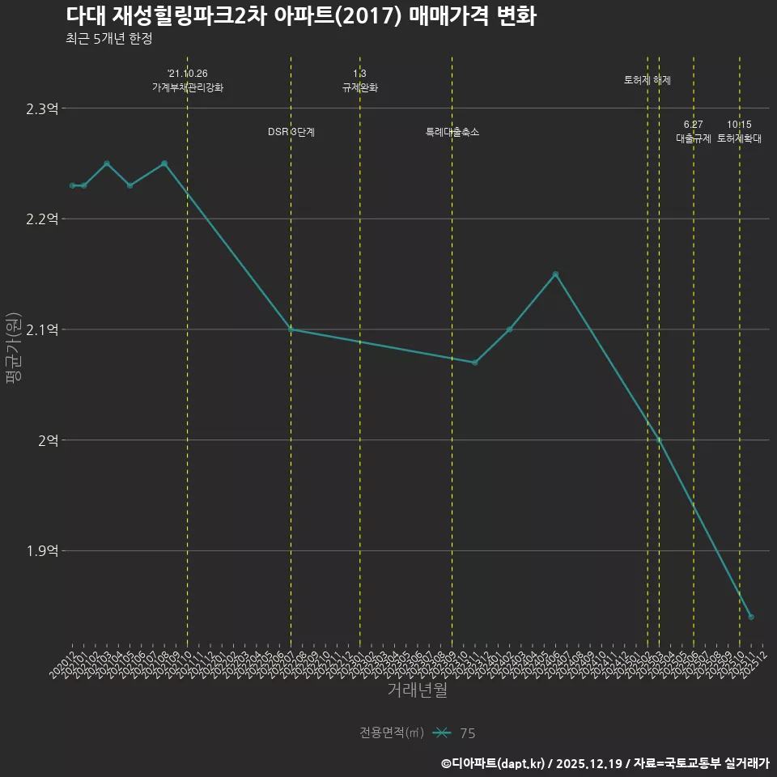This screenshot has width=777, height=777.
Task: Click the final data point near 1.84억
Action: [x=751, y=618]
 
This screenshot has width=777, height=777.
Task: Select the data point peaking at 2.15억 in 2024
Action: [x=555, y=274]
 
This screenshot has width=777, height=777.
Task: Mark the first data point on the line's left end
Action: [x=72, y=186]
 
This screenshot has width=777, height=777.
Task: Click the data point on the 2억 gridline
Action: [x=659, y=440]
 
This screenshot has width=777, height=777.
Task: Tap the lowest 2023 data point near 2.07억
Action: [x=475, y=363]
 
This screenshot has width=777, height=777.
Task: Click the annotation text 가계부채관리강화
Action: [x=188, y=87]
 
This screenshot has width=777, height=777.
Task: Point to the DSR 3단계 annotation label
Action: [x=291, y=132]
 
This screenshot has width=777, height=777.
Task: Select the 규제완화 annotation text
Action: [x=360, y=87]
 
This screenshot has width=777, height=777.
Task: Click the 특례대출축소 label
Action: [x=452, y=132]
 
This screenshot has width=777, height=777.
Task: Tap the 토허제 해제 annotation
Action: [x=647, y=80]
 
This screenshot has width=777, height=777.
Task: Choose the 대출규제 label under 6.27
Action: [x=694, y=138]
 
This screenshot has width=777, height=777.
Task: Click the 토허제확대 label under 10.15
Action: [x=740, y=138]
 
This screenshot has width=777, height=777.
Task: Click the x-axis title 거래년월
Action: [x=417, y=690]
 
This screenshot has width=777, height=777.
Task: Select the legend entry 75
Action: [x=467, y=733]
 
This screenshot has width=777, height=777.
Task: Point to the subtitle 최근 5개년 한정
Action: [x=109, y=38]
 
